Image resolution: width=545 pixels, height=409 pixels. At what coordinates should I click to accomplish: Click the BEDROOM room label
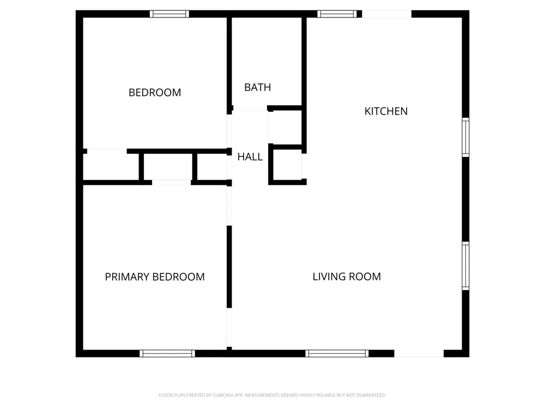(x=155, y=93)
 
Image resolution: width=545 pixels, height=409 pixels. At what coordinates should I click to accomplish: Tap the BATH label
(x=258, y=87)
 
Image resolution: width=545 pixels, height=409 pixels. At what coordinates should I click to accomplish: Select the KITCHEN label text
(x=386, y=111)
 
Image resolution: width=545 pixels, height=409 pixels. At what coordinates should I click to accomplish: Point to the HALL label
(x=250, y=157)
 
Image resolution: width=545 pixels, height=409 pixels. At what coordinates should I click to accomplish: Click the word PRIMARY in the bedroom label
(x=127, y=277)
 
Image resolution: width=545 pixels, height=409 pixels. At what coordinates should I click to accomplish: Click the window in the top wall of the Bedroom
(x=169, y=14)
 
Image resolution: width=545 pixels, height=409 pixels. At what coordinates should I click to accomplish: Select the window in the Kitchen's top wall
(x=337, y=14)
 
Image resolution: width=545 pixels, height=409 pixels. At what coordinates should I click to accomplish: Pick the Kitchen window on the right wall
(x=465, y=137)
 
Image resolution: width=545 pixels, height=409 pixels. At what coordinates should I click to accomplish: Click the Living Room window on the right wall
(x=465, y=266)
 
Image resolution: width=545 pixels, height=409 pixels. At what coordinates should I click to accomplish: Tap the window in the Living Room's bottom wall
(x=337, y=353)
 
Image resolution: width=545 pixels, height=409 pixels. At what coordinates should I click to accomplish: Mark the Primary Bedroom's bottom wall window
(x=167, y=353)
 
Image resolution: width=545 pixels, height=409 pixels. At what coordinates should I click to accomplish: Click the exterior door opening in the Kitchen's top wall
(x=387, y=14)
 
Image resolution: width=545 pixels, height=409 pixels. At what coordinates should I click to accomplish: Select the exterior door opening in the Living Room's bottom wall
(x=419, y=353)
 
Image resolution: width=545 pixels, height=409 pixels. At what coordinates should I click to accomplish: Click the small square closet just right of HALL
(x=287, y=165)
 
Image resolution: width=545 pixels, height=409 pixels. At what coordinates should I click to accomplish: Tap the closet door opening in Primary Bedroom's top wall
(x=171, y=182)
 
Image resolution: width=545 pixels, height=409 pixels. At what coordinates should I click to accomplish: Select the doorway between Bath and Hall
(x=250, y=109)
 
